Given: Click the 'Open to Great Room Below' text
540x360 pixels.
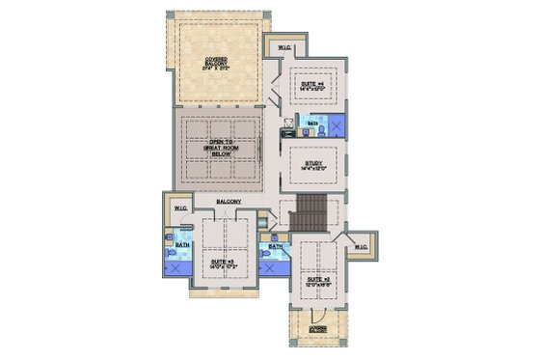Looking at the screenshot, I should coord(223,146).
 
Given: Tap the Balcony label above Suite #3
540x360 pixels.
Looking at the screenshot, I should coord(229,202).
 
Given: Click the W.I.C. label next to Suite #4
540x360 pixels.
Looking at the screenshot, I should coord(284,47).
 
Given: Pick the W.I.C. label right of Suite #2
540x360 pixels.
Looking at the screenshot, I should coord(361,247).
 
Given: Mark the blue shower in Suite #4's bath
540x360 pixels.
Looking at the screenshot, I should coord(336,125).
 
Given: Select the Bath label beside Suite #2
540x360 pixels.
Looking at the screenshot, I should coord(276,247).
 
